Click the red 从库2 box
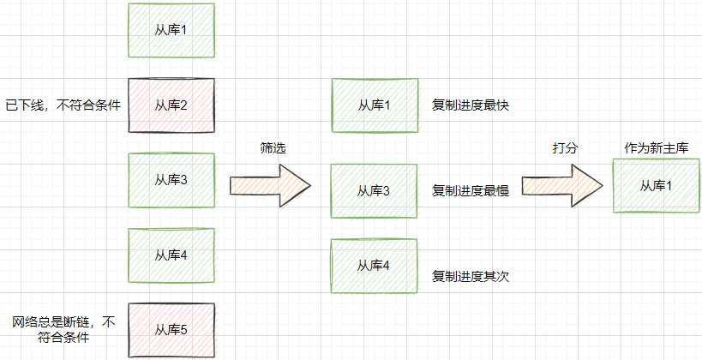pyautogui.click(x=170, y=105)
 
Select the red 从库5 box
pyautogui.click(x=170, y=329)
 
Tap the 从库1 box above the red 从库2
pyautogui.click(x=170, y=31)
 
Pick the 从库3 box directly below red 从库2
pyautogui.click(x=170, y=180)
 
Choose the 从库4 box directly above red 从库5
pyautogui.click(x=170, y=255)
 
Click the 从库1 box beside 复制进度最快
pyautogui.click(x=374, y=105)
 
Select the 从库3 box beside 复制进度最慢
pyautogui.click(x=374, y=190)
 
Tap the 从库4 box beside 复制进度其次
pyautogui.click(x=374, y=266)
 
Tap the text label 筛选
pyautogui.click(x=273, y=148)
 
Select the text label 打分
pyautogui.click(x=565, y=148)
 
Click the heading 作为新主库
pyautogui.click(x=657, y=148)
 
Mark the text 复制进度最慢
pyautogui.click(x=471, y=191)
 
